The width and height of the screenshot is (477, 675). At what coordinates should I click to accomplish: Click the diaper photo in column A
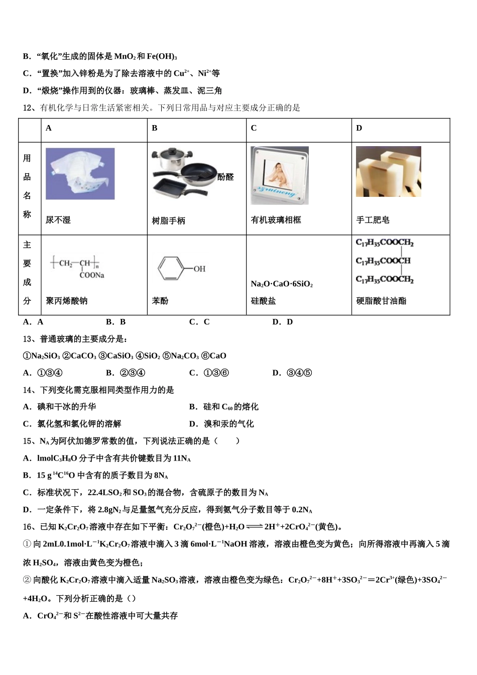point(80,174)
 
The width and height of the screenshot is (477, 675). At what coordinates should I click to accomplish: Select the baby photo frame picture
point(280,175)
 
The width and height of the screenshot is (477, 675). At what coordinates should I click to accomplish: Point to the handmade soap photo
point(388,172)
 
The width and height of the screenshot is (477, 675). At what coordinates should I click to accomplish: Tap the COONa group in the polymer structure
point(91,275)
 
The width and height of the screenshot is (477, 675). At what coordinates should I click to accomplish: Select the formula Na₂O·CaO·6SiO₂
point(282,284)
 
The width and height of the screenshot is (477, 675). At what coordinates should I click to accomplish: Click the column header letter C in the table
point(254,128)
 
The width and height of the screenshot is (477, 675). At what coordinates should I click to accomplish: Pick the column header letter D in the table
point(359,128)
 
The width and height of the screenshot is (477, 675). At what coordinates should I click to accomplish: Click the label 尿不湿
point(58,220)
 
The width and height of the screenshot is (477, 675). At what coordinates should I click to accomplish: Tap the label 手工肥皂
point(373,220)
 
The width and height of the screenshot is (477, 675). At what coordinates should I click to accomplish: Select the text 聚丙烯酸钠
point(66,301)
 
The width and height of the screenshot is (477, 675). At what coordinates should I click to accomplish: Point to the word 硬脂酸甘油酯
point(381,301)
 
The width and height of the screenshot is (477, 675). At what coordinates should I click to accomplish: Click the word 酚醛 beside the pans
point(225,177)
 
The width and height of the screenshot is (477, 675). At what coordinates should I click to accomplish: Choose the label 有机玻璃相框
point(276,220)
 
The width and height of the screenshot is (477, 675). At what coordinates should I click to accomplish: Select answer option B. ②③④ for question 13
point(126,373)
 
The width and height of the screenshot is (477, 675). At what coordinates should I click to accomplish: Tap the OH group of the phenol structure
point(199,269)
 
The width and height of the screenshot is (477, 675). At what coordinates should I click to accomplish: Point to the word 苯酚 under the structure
point(160,301)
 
